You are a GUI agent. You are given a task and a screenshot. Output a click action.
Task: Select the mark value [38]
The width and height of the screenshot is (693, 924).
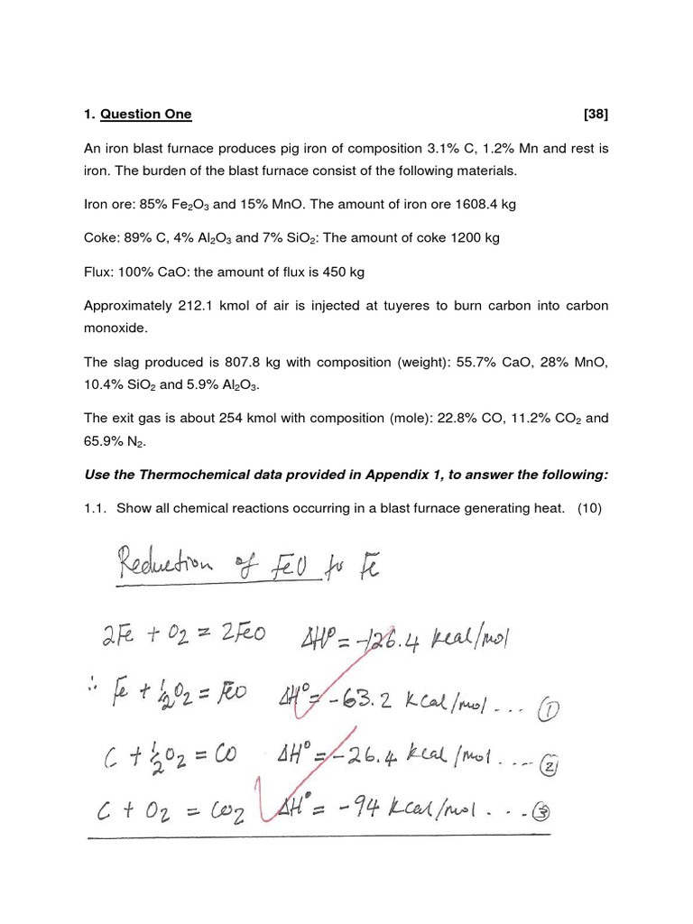coord(596,115)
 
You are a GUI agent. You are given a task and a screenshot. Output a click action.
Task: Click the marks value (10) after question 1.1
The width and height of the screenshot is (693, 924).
coord(592,509)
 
